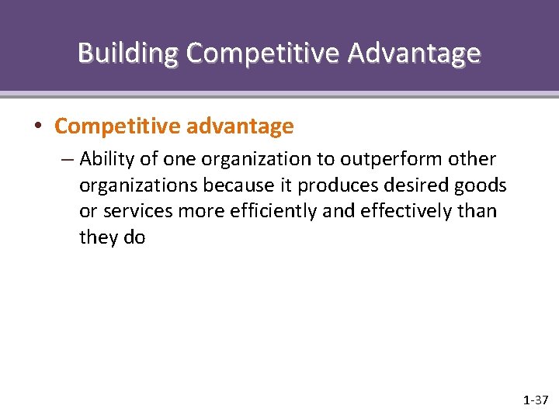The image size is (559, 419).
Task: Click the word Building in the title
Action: click(128, 53)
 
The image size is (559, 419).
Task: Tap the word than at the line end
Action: click(477, 212)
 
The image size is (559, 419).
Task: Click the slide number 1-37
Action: click(535, 400)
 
